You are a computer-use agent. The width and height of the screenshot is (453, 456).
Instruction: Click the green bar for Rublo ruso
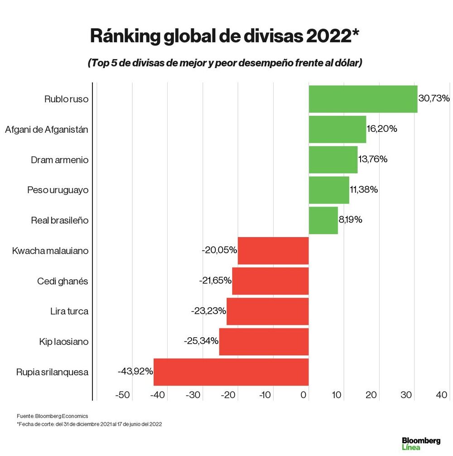click(x=363, y=99)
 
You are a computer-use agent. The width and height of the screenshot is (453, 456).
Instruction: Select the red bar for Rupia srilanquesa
click(x=231, y=372)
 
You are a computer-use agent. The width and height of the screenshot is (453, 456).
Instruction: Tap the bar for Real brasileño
click(x=323, y=220)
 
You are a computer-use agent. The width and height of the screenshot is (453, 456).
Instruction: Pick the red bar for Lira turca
click(x=267, y=311)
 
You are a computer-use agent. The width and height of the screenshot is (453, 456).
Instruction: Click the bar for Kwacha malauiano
click(x=273, y=251)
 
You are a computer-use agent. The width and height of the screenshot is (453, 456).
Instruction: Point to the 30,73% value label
click(x=434, y=98)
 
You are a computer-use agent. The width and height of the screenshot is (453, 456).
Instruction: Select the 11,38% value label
click(x=364, y=189)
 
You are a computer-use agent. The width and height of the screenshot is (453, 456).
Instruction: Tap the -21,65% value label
click(x=215, y=281)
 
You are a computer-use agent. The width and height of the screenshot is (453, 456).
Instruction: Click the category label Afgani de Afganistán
click(x=47, y=129)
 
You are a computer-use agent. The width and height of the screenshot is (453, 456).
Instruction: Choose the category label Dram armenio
click(x=59, y=160)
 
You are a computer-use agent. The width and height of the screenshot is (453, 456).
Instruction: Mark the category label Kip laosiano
click(x=63, y=341)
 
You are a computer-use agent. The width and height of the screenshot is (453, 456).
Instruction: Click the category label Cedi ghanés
click(x=63, y=281)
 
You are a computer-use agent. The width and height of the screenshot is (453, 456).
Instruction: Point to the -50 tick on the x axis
click(x=123, y=395)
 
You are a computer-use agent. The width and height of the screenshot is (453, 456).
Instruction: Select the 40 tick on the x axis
click(x=442, y=395)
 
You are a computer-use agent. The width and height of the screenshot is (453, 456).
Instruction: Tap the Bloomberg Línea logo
click(x=421, y=443)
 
